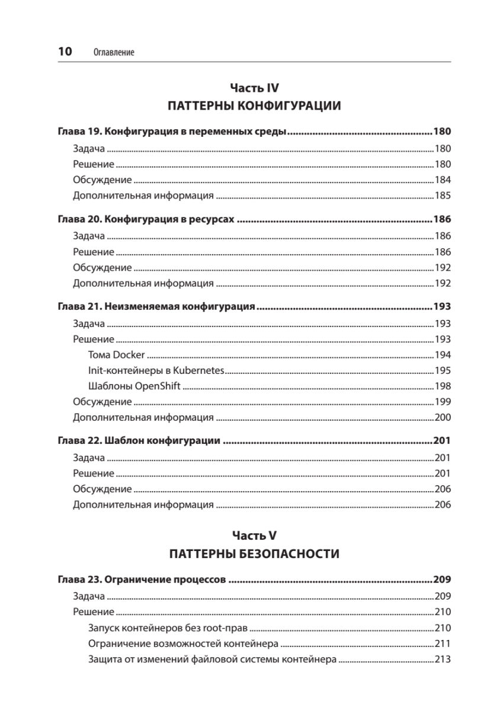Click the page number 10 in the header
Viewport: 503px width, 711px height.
pyautogui.click(x=65, y=52)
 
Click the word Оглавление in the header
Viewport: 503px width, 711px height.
pyautogui.click(x=114, y=53)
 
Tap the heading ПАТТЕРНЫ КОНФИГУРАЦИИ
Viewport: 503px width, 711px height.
pyautogui.click(x=254, y=107)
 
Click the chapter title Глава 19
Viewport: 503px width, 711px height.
pyautogui.click(x=172, y=132)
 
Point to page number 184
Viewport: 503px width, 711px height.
pyautogui.click(x=443, y=180)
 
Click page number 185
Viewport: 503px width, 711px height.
pyautogui.click(x=443, y=196)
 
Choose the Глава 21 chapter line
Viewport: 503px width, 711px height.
pyautogui.click(x=156, y=307)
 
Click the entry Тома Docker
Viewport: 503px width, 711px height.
pyautogui.click(x=116, y=355)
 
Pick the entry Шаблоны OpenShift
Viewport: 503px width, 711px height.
pyautogui.click(x=134, y=386)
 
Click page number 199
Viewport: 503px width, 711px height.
pyautogui.click(x=443, y=402)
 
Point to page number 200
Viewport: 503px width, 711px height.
pyautogui.click(x=443, y=417)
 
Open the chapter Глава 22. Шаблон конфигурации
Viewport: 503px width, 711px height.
pyautogui.click(x=139, y=441)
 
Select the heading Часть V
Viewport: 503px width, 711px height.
pyautogui.click(x=254, y=536)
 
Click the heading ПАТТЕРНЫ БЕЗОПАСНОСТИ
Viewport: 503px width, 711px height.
pyautogui.click(x=254, y=555)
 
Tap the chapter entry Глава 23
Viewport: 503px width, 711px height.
pyautogui.click(x=142, y=580)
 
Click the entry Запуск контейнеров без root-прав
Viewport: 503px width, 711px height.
pyautogui.click(x=168, y=628)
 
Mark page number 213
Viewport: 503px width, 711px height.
pyautogui.click(x=443, y=659)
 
